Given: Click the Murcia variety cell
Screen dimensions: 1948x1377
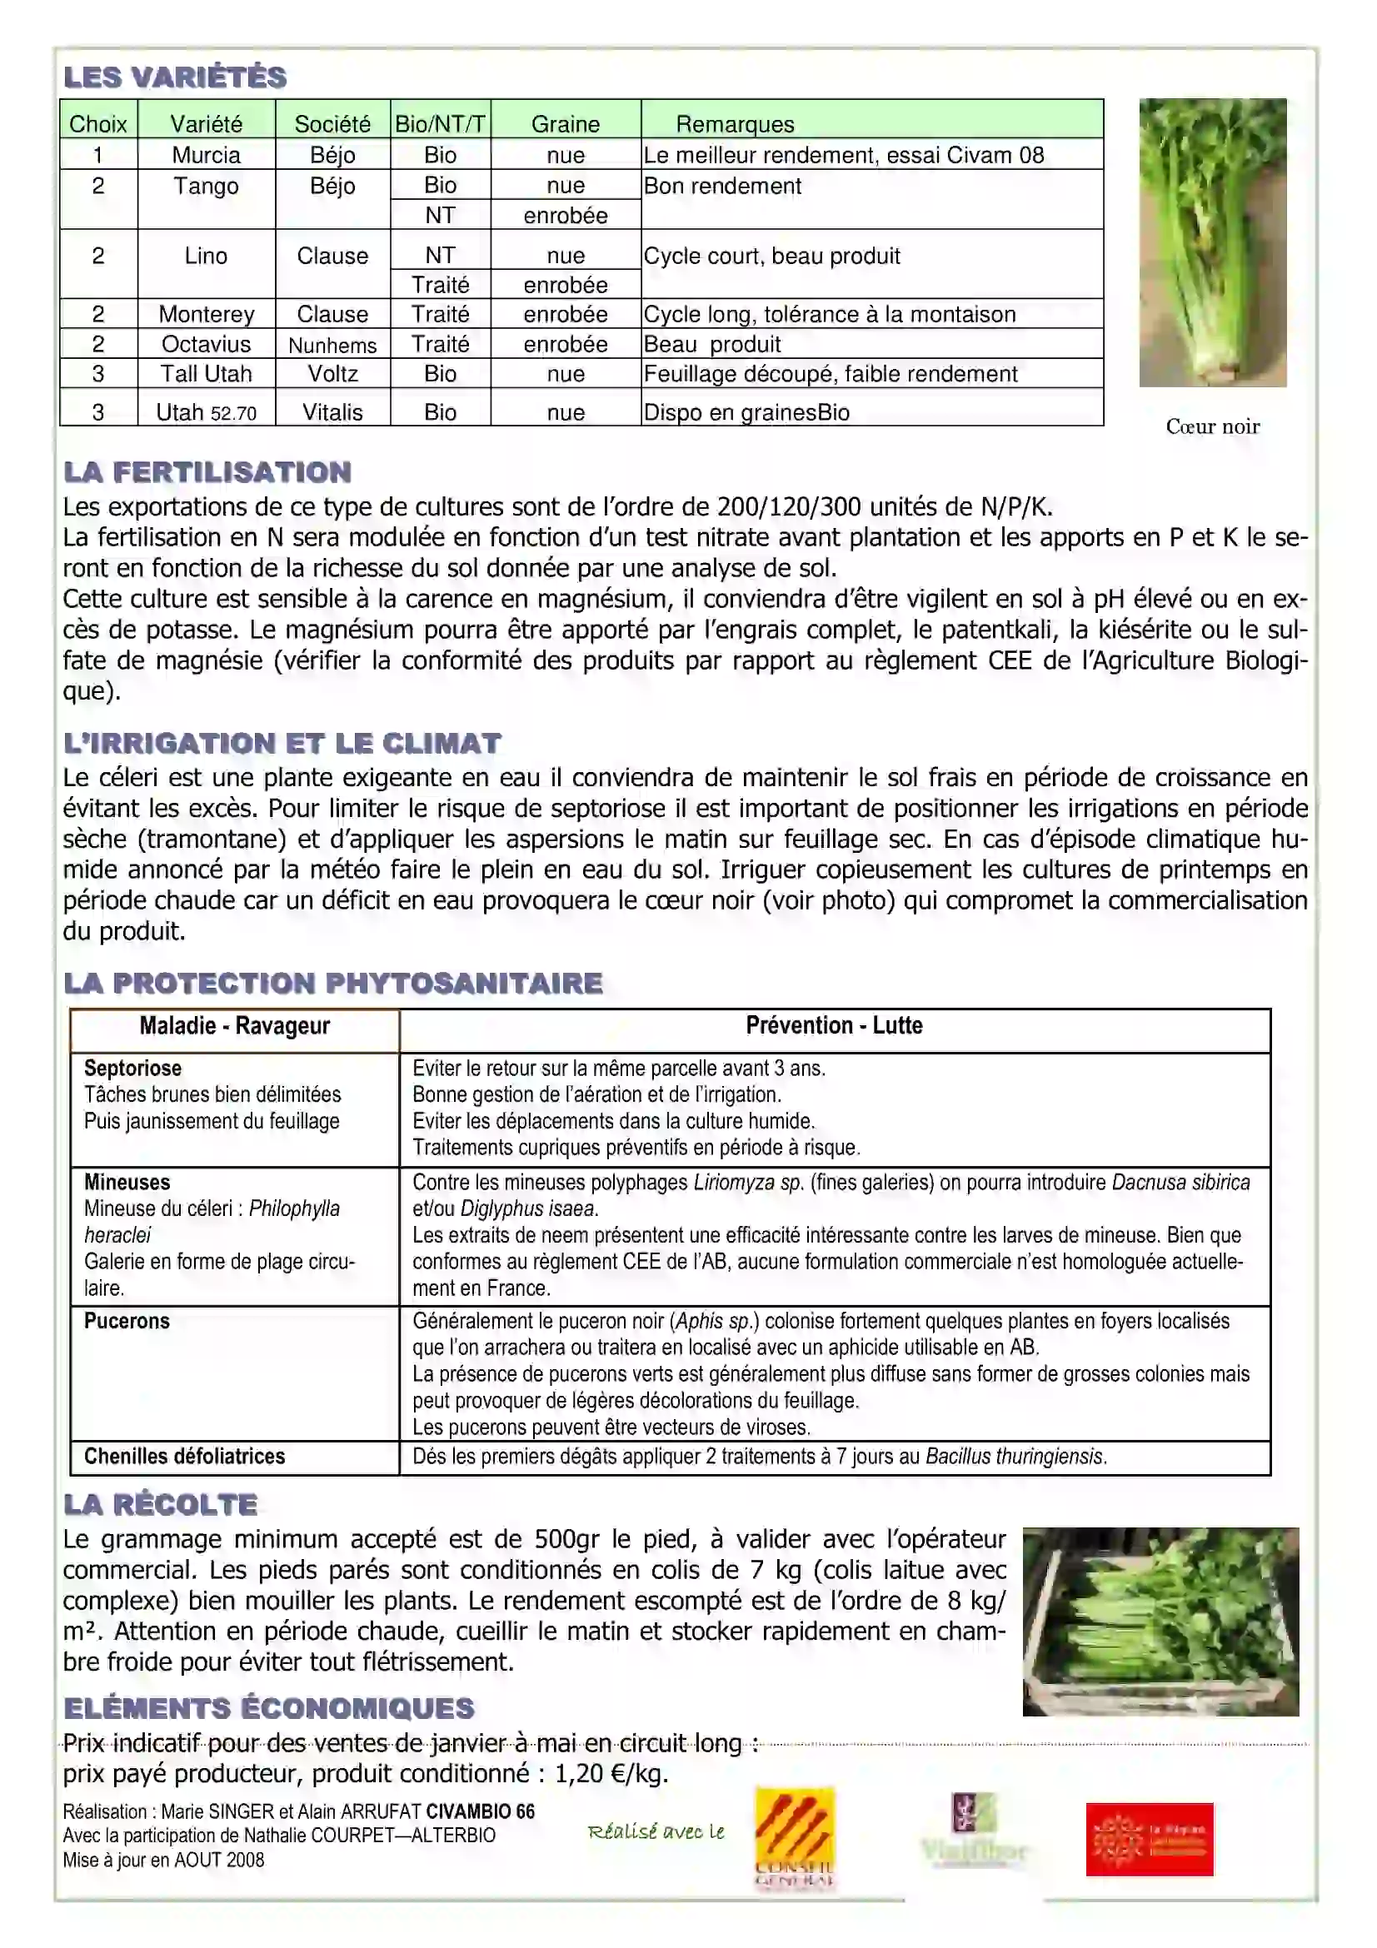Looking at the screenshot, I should pyautogui.click(x=206, y=155).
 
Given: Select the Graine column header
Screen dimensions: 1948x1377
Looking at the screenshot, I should pyautogui.click(x=565, y=124).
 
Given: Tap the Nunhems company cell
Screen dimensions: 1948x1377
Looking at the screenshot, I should pyautogui.click(x=332, y=346).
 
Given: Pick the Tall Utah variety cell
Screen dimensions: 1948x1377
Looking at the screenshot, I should pyautogui.click(x=206, y=374).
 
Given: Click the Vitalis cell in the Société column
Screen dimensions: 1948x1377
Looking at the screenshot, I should pyautogui.click(x=332, y=412).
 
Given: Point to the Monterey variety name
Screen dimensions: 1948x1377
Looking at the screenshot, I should pyautogui.click(x=206, y=315).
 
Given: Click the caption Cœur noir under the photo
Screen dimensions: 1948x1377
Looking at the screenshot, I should pyautogui.click(x=1212, y=426).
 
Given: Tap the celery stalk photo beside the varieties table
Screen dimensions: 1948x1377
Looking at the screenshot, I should pyautogui.click(x=1212, y=242).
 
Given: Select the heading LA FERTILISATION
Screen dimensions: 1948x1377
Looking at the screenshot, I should pyautogui.click(x=207, y=472).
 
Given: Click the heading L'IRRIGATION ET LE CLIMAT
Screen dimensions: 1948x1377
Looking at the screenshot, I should pyautogui.click(x=282, y=744).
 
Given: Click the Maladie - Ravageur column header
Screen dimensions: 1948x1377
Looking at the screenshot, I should pyautogui.click(x=234, y=1026).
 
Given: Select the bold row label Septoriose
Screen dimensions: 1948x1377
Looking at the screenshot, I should pyautogui.click(x=132, y=1069).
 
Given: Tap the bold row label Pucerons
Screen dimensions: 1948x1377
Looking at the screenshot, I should pyautogui.click(x=127, y=1321).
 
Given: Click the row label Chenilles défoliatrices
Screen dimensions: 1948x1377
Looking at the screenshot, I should pyautogui.click(x=184, y=1456).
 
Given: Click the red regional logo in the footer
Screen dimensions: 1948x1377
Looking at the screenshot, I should pyautogui.click(x=1149, y=1839).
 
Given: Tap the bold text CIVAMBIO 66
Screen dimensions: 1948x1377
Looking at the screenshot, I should pyautogui.click(x=480, y=1811).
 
